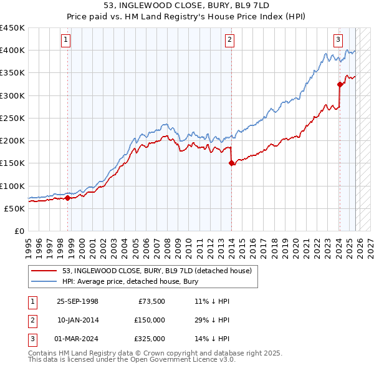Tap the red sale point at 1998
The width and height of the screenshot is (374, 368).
tap(67, 198)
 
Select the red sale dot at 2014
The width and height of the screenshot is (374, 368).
tap(231, 163)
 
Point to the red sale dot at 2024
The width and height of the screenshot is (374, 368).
tap(340, 84)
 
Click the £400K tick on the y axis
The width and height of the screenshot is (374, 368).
tap(12, 51)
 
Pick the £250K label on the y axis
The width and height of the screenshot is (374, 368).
tap(12, 118)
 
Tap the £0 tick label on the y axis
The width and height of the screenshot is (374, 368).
tap(19, 231)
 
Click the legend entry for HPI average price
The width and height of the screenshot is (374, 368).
tap(130, 281)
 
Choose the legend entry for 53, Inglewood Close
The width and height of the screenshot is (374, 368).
tap(156, 271)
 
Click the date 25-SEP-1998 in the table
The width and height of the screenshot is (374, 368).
tap(77, 301)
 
